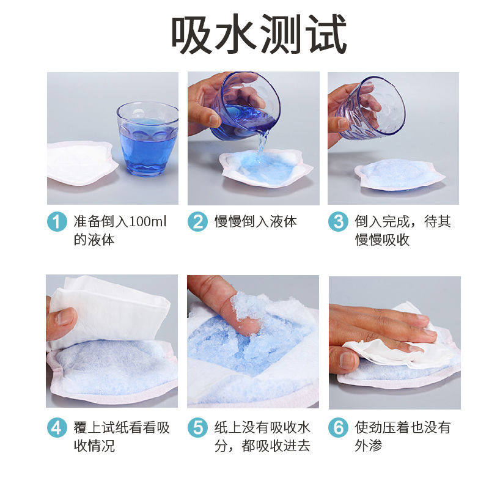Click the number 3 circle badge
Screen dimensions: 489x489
(337, 221)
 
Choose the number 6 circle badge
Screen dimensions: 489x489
(337, 427)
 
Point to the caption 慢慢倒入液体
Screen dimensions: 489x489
(256, 221)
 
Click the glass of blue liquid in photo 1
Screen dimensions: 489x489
(147, 139)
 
